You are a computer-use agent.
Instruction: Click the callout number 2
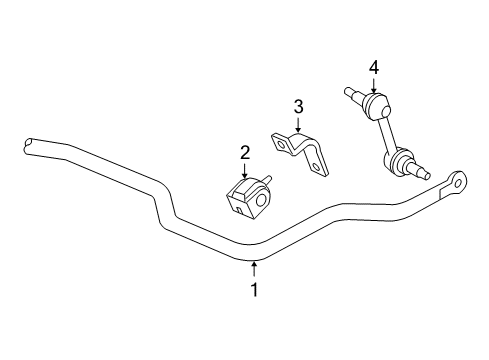pos(244,153)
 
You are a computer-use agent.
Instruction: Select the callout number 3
pos(297,106)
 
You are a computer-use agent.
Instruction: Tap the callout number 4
pos(373,67)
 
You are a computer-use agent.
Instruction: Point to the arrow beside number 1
pos(254,268)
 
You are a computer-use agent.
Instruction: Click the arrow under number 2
pos(244,171)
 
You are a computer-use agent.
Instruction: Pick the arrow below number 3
pos(297,126)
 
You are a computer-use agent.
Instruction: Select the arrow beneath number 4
pos(373,87)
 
